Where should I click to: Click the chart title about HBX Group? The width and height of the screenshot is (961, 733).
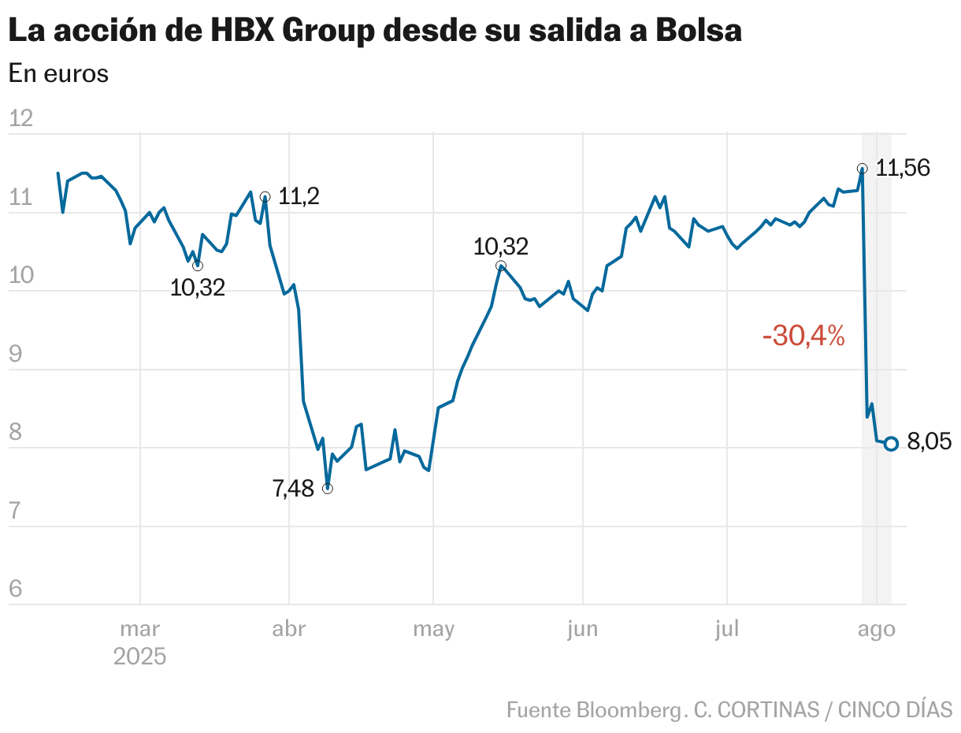point(375,31)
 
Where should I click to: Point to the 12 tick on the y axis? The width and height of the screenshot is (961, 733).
point(20,119)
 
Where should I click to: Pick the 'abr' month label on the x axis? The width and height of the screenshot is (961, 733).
point(289,629)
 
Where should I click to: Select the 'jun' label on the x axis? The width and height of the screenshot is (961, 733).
point(582,629)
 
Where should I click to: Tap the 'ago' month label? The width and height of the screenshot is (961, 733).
point(876,629)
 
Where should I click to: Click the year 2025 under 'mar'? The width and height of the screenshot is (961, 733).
point(139,657)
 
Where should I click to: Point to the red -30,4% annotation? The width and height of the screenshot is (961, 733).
point(803,337)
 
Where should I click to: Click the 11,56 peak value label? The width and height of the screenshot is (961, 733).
point(903,168)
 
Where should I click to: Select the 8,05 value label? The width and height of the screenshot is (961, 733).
point(929,443)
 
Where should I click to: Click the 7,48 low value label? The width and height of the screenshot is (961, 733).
point(293,489)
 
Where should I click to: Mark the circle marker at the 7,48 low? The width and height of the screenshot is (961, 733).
point(328,489)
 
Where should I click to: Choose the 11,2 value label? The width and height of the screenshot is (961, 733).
point(299,196)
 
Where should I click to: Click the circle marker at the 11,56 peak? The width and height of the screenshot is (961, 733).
point(863,168)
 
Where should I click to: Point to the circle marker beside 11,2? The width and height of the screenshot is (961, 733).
point(265,196)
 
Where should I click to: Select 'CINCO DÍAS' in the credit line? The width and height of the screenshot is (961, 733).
point(895,709)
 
